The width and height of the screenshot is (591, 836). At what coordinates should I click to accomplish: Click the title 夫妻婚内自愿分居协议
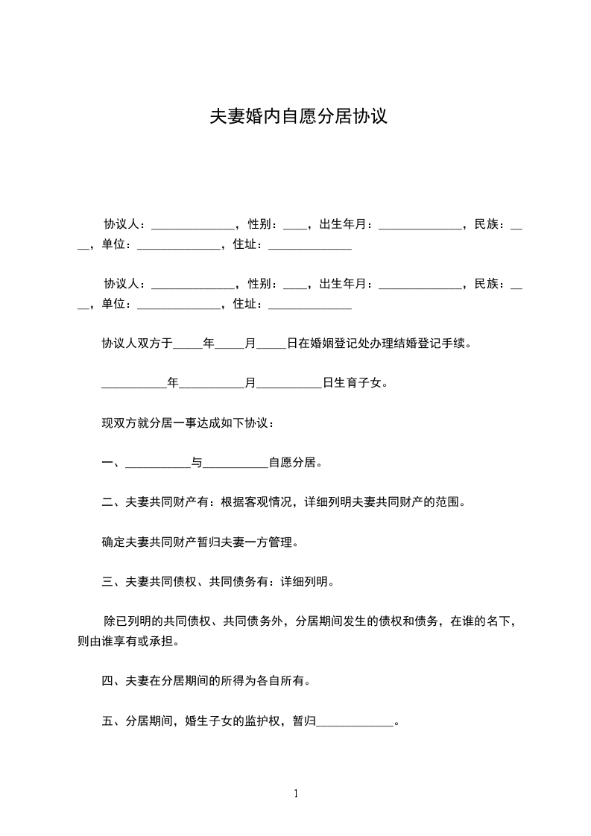pyautogui.click(x=298, y=117)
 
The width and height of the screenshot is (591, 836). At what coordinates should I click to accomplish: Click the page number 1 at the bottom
pyautogui.click(x=296, y=794)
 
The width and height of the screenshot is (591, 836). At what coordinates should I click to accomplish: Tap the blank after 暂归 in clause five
pyautogui.click(x=355, y=721)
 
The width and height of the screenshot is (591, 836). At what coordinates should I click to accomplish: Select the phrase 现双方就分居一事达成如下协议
pyautogui.click(x=186, y=423)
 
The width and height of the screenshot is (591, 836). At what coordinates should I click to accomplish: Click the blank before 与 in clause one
pyautogui.click(x=158, y=463)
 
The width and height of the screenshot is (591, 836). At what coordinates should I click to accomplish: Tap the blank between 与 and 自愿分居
pyautogui.click(x=236, y=463)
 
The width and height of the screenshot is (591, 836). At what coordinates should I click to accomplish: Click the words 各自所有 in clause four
pyautogui.click(x=279, y=680)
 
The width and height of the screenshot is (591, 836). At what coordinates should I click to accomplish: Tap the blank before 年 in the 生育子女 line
pyautogui.click(x=134, y=384)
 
